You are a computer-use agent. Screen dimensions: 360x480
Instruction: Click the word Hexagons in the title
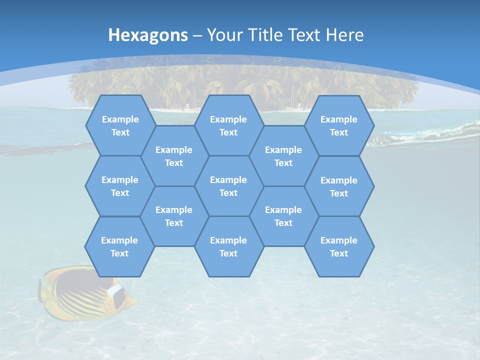[148, 35]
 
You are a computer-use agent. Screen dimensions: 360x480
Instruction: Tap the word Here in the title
[344, 35]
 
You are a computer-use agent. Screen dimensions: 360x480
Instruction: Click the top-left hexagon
[120, 125]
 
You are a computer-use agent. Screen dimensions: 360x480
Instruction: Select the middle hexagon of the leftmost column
[120, 186]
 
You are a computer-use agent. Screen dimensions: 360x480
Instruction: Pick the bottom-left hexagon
[119, 246]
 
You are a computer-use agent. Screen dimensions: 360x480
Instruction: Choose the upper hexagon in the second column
[174, 156]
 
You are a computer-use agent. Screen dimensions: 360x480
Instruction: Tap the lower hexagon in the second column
[174, 216]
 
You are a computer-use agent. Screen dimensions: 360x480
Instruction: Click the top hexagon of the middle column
[228, 125]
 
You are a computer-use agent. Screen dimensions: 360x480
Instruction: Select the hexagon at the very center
[228, 186]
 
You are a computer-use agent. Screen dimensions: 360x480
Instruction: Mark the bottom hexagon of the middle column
[228, 246]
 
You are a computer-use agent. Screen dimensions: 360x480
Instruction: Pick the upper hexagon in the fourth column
[283, 156]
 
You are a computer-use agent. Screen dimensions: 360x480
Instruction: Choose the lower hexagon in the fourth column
[283, 216]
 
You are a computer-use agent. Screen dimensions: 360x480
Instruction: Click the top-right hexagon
[339, 125]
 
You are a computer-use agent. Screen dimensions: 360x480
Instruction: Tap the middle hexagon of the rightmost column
[339, 186]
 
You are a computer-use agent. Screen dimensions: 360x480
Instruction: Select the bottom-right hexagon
[339, 246]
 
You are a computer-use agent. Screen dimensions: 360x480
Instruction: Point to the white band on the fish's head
[117, 295]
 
